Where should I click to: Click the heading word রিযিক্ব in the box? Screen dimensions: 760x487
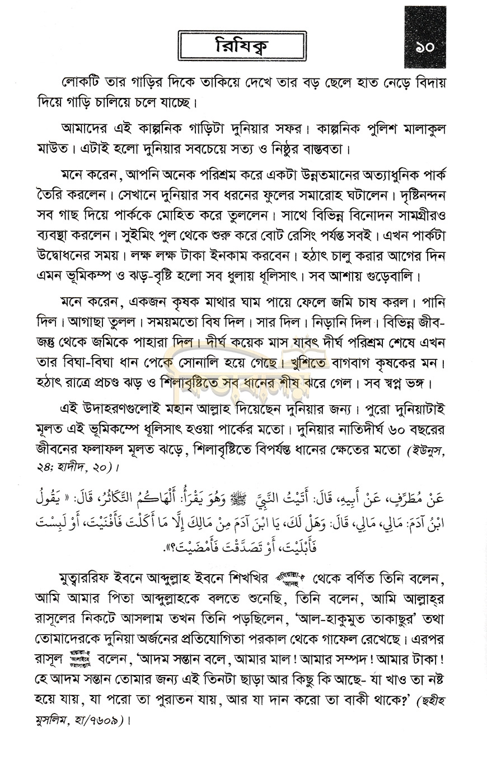click(241, 46)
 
